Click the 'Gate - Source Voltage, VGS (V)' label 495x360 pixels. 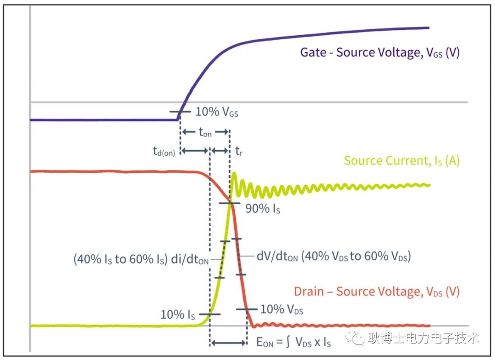pyautogui.click(x=380, y=52)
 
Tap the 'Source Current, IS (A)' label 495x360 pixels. pyautogui.click(x=401, y=161)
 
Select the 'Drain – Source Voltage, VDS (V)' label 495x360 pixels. pyautogui.click(x=377, y=292)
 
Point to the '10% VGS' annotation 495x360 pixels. pyautogui.click(x=217, y=112)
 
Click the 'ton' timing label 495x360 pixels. pyautogui.click(x=205, y=132)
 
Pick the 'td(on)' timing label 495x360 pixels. pyautogui.click(x=164, y=151)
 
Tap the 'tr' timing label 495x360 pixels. pyautogui.click(x=239, y=151)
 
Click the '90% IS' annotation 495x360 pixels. pyautogui.click(x=263, y=208)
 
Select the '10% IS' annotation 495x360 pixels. pyautogui.click(x=178, y=315)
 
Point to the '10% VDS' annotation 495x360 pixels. pyautogui.click(x=281, y=309)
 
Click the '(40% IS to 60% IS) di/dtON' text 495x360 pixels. pyautogui.click(x=141, y=259)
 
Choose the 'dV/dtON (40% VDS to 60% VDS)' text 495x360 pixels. pyautogui.click(x=334, y=256)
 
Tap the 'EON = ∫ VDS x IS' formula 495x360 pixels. pyautogui.click(x=294, y=342)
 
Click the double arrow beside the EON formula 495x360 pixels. pyautogui.click(x=229, y=343)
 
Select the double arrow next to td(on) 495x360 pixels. pyautogui.click(x=195, y=151)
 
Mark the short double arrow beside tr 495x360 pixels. pyautogui.click(x=220, y=151)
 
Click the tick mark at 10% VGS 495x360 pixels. pyautogui.click(x=180, y=112)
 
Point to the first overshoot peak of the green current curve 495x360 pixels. pyautogui.click(x=234, y=173)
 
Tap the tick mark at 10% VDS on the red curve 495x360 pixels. pyautogui.click(x=247, y=309)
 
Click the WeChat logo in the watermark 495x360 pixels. pyautogui.click(x=355, y=338)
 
